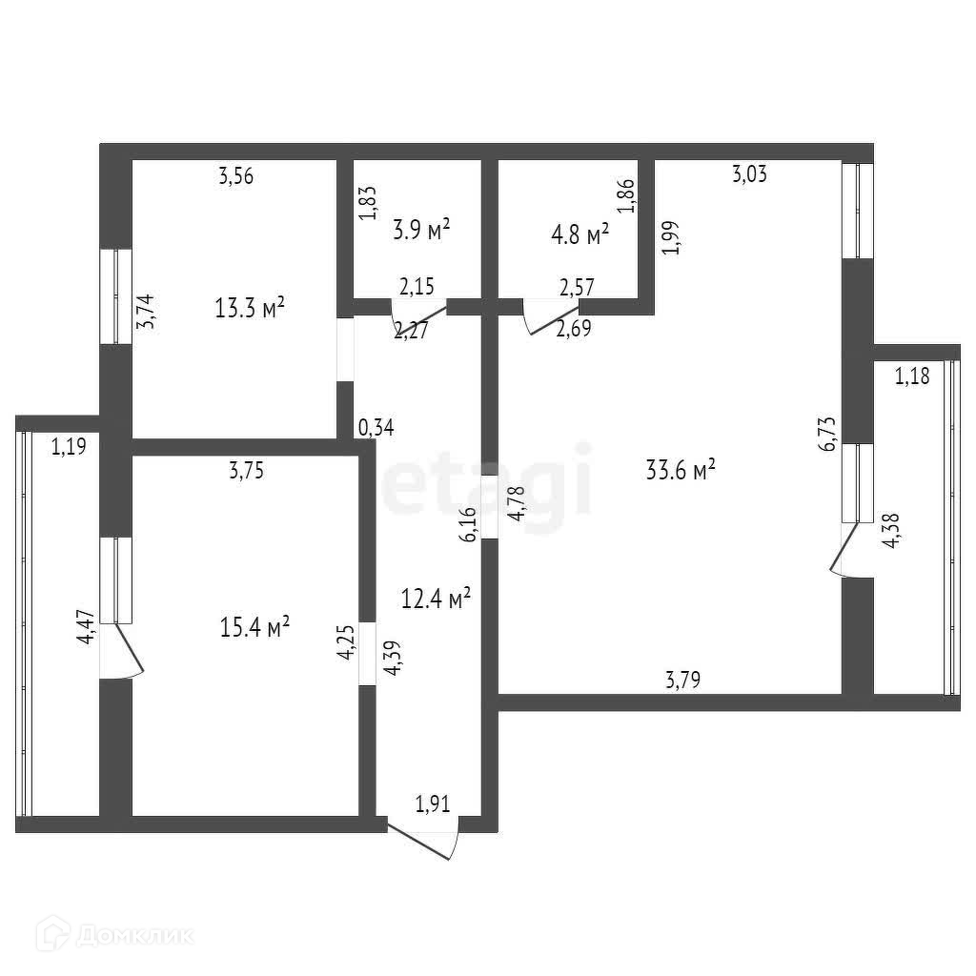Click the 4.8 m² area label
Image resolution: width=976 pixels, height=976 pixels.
coord(580,234)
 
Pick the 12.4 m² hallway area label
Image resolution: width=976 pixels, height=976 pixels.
coord(436,600)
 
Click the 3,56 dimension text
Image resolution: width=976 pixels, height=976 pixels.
coord(235,175)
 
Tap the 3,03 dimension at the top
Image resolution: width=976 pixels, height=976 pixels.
coord(749,173)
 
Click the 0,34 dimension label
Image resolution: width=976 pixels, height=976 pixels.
coord(375,428)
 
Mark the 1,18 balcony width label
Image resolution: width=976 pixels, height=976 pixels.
coord(911,376)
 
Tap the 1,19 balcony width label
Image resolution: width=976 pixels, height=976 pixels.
coord(68,445)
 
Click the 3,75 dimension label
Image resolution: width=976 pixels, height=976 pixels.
coord(245,468)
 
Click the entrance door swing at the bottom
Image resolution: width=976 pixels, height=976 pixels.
coord(423,839)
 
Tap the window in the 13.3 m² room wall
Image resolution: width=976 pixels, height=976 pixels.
coord(115,296)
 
